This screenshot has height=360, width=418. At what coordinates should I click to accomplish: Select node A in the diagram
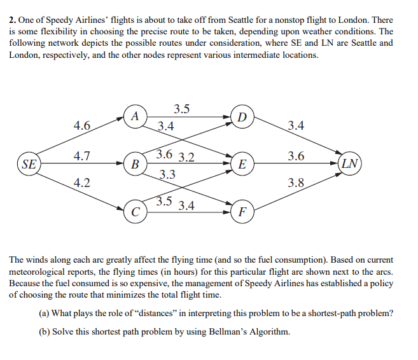pos(134,116)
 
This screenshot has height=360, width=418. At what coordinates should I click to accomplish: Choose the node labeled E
pos(242,164)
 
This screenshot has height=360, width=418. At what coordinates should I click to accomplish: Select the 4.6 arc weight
pos(81,126)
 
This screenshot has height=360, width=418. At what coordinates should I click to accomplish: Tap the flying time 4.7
pos(81,156)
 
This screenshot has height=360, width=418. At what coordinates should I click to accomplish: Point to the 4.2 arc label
pos(81,183)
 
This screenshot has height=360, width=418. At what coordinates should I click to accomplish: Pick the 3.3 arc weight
pos(168,174)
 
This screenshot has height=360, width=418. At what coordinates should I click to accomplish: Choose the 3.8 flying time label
pos(296,184)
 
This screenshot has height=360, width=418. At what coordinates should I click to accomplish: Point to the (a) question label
pos(45,314)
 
